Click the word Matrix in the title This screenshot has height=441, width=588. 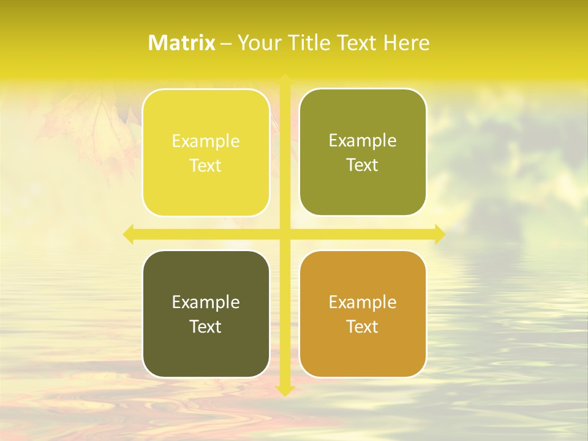click(182, 43)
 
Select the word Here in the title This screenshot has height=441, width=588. click(407, 43)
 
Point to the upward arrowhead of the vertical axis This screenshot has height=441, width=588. click(285, 79)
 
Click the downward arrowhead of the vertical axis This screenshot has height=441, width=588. click(285, 390)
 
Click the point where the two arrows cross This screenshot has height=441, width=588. click(285, 234)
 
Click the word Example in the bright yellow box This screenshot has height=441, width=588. click(206, 141)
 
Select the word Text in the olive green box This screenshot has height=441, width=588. click(363, 165)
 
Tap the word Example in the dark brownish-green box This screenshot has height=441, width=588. click(206, 302)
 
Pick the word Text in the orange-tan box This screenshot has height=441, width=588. click(363, 327)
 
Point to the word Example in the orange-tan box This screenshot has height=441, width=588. click(363, 302)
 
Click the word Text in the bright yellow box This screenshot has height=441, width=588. click(206, 166)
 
